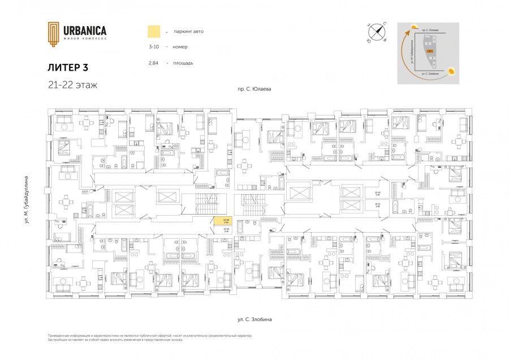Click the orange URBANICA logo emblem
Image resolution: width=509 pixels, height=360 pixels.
point(53,34)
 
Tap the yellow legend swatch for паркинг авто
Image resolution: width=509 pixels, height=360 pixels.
point(153,31)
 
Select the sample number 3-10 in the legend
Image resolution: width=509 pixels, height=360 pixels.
point(154,47)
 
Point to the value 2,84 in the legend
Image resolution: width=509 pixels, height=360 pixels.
point(153,63)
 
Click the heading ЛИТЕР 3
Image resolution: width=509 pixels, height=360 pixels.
point(68,67)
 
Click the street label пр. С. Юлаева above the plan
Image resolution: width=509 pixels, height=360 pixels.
point(255,89)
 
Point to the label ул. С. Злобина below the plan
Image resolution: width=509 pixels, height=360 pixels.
point(255,319)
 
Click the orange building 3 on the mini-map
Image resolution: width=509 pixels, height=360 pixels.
point(430,52)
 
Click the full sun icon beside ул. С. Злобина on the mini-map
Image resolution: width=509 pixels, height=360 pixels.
point(452,71)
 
